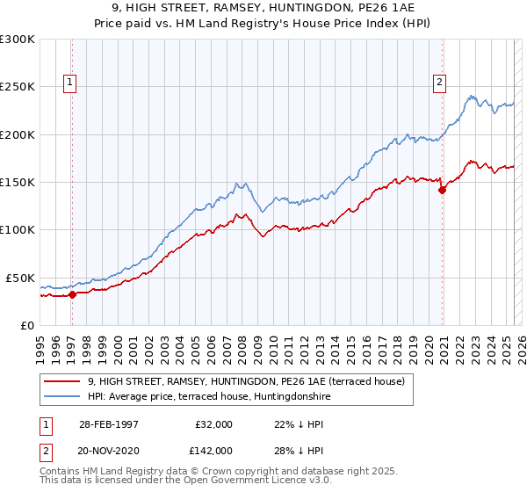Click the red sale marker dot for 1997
point(73,295)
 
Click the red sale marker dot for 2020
point(442,191)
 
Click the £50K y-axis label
point(20,278)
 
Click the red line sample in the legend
point(62,381)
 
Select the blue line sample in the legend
point(62,396)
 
